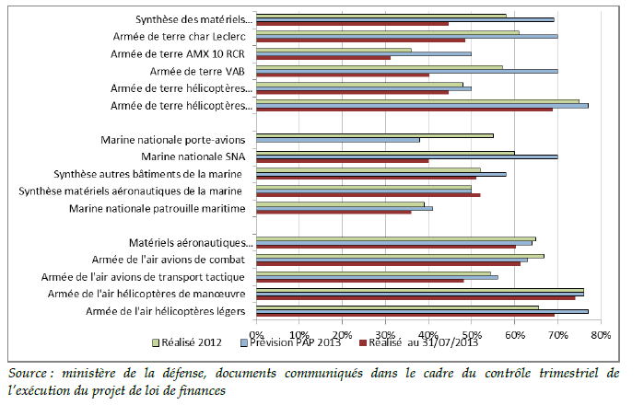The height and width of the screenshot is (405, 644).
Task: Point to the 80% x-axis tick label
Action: click(601, 334)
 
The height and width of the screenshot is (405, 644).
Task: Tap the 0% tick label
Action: click(257, 334)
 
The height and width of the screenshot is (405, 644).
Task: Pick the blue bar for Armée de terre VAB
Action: click(406, 71)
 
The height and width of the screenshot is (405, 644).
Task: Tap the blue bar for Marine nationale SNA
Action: click(406, 156)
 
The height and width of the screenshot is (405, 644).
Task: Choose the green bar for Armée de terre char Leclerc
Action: click(387, 32)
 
